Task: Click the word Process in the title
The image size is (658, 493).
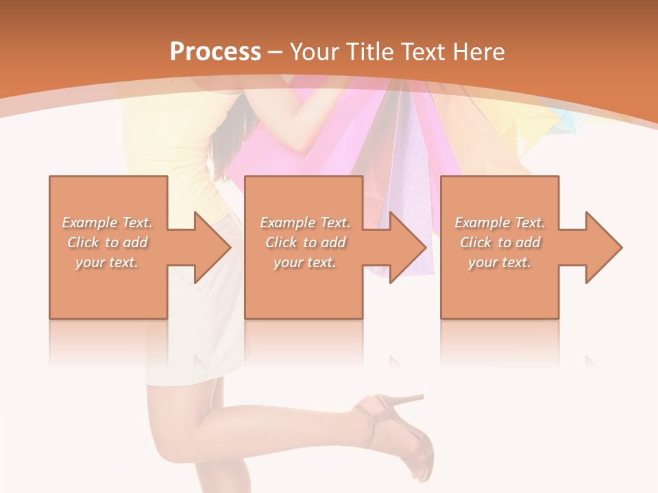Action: tap(215, 51)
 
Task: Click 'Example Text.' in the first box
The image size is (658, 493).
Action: tap(108, 223)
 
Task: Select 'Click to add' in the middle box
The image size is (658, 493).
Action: tap(305, 242)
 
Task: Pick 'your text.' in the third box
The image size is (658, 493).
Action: tap(500, 262)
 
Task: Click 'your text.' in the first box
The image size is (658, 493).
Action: tap(108, 262)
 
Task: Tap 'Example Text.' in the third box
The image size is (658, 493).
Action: tap(500, 223)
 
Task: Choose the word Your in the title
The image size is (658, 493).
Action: tap(315, 51)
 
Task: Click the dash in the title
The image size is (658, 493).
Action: tap(275, 52)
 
